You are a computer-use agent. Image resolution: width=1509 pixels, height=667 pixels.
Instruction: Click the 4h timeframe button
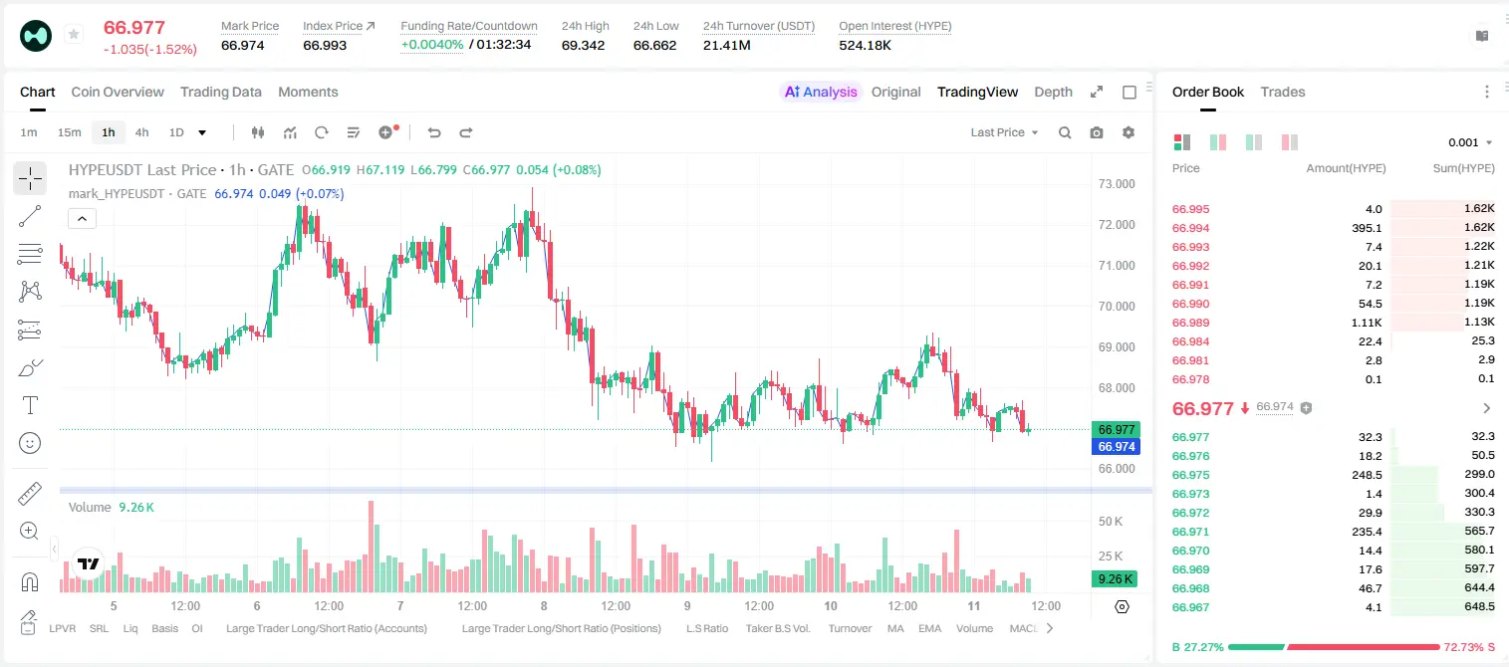tap(141, 132)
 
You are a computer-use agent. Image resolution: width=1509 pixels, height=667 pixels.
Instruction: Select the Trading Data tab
tap(221, 92)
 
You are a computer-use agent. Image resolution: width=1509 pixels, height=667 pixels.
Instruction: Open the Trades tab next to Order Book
tap(1283, 92)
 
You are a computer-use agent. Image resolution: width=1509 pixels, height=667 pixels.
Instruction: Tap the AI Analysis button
tap(821, 92)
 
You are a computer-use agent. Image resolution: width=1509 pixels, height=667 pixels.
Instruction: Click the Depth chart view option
tap(1053, 92)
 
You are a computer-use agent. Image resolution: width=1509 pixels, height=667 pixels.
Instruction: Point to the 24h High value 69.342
tap(584, 45)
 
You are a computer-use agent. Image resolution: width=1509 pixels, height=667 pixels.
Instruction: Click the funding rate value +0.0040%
tap(432, 45)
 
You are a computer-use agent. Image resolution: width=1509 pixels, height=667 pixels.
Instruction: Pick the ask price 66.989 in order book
tap(1190, 323)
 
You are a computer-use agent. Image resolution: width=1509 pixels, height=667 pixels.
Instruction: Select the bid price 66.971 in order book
tap(1190, 532)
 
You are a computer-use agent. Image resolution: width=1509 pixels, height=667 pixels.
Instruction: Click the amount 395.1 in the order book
tap(1367, 228)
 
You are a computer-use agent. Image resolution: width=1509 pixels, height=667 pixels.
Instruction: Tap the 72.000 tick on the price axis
tap(1117, 225)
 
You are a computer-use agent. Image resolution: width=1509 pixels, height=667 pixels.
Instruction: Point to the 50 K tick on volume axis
tap(1111, 522)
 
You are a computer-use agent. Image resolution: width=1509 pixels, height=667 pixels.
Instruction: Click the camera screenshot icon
tap(1097, 132)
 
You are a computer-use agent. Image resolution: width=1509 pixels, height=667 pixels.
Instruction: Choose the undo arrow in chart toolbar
tap(434, 132)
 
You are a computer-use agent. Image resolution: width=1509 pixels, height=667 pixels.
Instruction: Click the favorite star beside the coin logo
tap(74, 34)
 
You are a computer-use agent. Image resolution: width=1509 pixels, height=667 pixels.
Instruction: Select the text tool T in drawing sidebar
tap(30, 405)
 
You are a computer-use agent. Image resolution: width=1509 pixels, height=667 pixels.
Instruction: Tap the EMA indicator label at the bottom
tap(929, 628)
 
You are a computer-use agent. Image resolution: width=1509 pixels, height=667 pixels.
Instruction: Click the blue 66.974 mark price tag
tap(1117, 447)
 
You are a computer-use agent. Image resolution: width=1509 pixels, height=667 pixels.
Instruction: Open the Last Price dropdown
tap(1004, 132)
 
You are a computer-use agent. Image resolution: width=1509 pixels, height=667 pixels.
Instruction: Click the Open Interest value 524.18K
tap(865, 45)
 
